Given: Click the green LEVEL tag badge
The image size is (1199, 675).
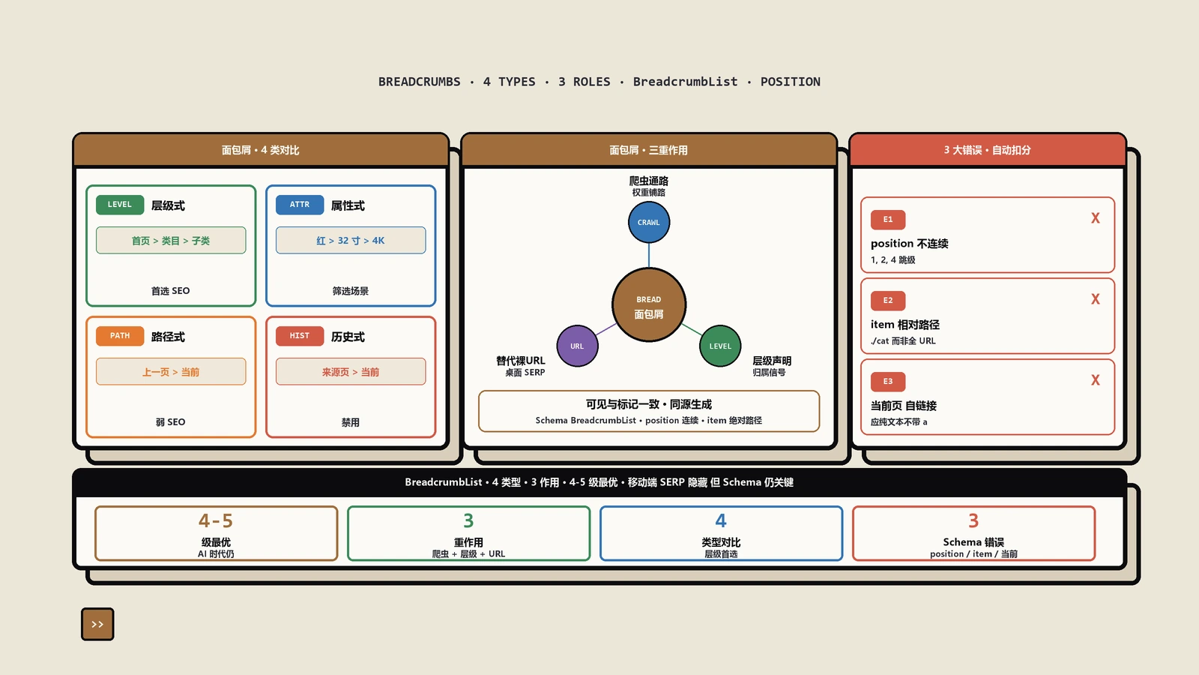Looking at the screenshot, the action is point(120,205).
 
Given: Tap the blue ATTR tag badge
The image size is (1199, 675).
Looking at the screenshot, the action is point(300,205).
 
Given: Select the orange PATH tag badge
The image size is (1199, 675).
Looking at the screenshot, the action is point(120,336).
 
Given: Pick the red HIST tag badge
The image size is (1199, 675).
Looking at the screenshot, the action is point(300,336).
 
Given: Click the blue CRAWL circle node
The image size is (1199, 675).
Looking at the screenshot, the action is point(649,222).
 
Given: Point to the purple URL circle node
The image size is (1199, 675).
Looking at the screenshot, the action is point(577,346).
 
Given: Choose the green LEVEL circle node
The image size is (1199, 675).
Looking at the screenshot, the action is point(720,346).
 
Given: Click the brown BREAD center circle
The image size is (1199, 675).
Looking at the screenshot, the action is point(649,305).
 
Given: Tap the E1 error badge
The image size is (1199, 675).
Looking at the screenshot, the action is point(888,220).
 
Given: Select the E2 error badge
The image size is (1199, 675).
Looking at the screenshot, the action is point(888,301).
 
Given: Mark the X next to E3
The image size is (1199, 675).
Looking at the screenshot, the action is point(1095,380).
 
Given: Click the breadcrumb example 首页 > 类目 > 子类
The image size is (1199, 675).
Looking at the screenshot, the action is point(171,241).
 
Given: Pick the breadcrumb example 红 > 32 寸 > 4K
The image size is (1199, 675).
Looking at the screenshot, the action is point(351,241).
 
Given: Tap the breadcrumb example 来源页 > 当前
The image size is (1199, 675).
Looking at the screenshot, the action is point(351,372).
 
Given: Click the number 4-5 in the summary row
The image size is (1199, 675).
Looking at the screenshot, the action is point(216,520).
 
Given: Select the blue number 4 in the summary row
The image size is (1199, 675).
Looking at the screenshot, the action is point(721,520).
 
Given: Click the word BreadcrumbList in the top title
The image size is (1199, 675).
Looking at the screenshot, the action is point(685,82).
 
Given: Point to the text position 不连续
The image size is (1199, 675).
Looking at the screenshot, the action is point(910,244).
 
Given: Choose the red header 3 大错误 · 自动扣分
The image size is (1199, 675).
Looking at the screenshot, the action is point(988,150).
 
